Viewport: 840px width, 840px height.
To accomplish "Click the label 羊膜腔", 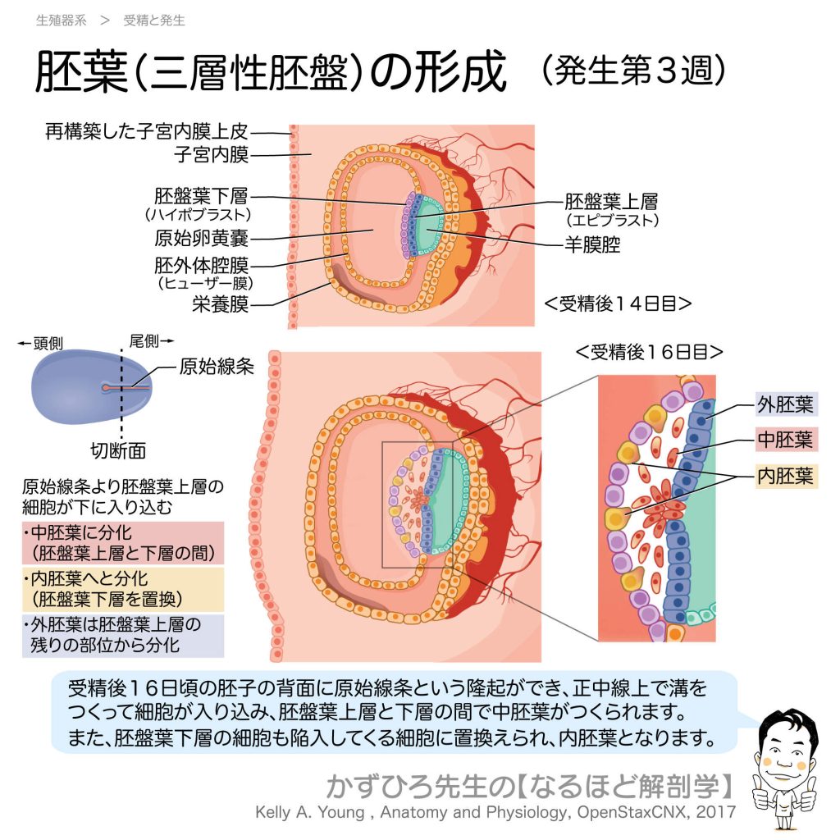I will [592, 244].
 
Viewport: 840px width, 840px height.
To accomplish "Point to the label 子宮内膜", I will [212, 153].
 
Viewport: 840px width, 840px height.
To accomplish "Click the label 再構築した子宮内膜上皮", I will [147, 131].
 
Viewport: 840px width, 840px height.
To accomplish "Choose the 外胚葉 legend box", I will [785, 404].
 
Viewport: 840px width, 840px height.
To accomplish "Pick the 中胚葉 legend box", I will [785, 439].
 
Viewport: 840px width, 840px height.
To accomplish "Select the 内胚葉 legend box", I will [785, 476].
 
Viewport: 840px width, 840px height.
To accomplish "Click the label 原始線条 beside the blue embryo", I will [216, 367].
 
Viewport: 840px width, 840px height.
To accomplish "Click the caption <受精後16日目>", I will [649, 352].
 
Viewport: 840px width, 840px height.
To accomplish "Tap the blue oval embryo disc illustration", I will [90, 386].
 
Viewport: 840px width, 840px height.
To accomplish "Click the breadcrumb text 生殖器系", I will [61, 21].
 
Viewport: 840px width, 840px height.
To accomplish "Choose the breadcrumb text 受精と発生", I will [154, 21].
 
